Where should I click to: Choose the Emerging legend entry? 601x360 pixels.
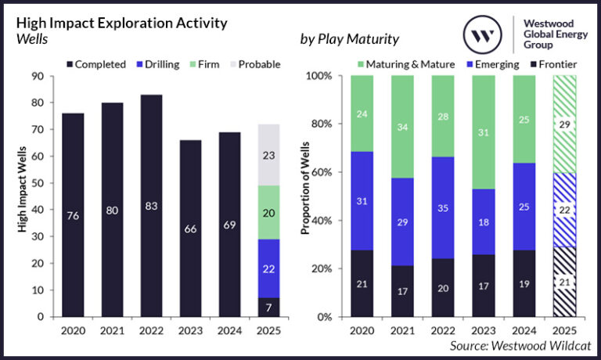[x=491, y=64]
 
